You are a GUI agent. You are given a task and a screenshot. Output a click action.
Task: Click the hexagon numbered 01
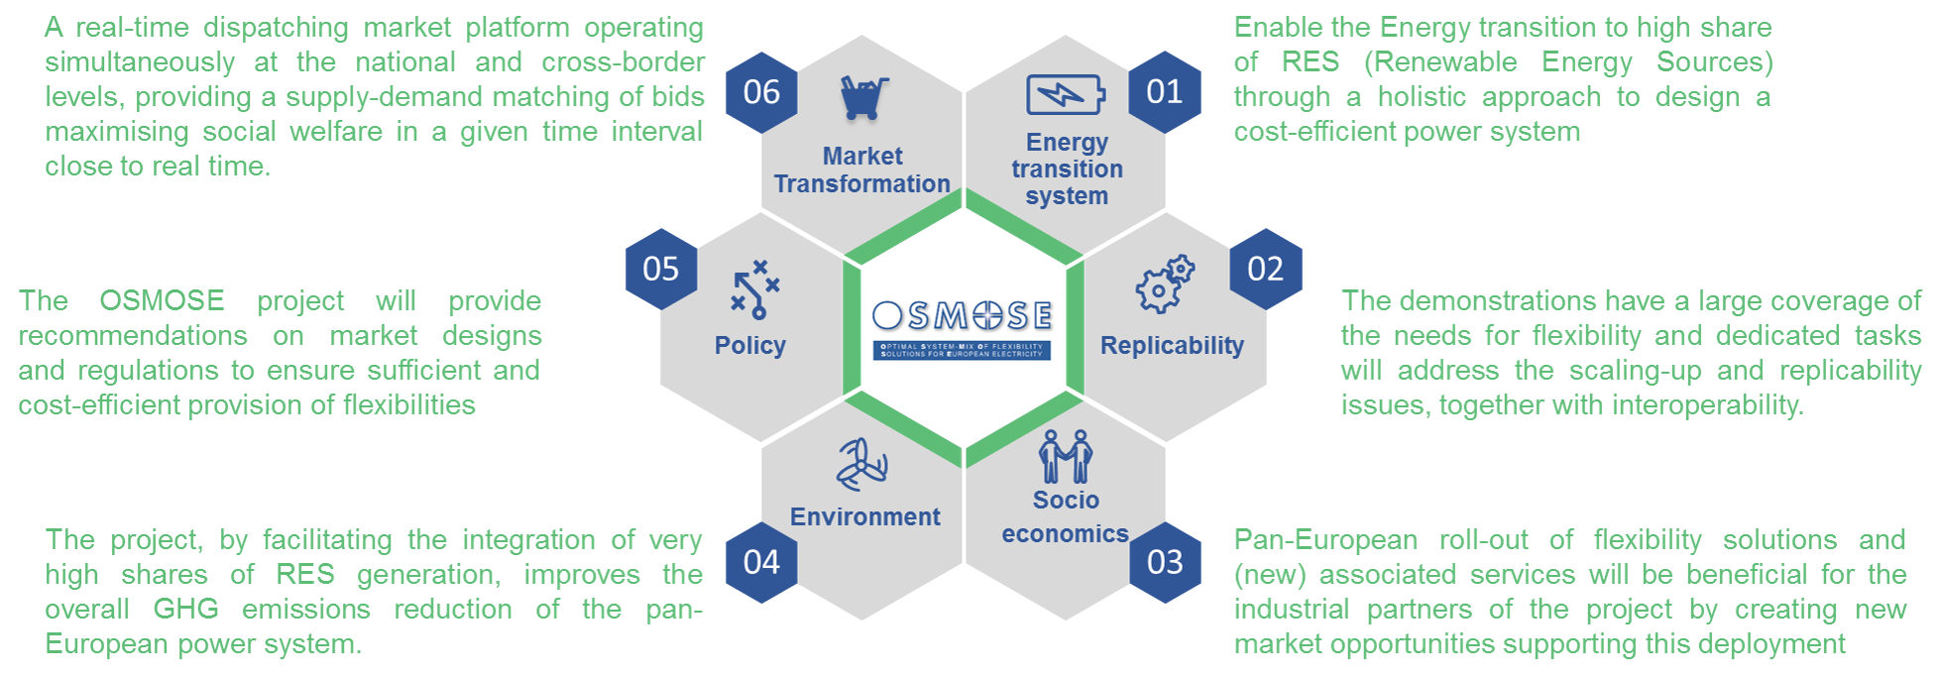coord(1164,92)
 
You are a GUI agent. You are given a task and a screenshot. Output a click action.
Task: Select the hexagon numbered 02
coord(1265,269)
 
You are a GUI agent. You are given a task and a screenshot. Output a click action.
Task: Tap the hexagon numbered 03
coord(1165,562)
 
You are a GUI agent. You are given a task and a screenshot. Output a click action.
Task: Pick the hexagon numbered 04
coord(761,562)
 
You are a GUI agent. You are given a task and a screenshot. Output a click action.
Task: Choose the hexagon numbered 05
coord(661,269)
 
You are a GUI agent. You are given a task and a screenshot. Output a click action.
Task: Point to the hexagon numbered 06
coord(761,92)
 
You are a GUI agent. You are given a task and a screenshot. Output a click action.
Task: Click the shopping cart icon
coord(863,97)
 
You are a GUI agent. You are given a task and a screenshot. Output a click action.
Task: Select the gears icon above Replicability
coord(1165,284)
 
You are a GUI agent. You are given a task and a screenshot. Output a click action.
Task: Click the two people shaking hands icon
coord(1066,457)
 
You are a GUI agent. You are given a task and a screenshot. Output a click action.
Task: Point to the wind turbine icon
coord(861,464)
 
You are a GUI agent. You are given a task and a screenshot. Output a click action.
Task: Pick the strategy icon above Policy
coord(755,288)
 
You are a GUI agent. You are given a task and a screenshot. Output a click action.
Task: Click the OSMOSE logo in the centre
coord(963,328)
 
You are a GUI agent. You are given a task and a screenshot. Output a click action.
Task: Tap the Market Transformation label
coord(861,169)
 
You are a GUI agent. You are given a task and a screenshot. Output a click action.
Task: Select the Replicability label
coord(1172,345)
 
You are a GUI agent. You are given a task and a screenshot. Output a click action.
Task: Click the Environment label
coord(864,516)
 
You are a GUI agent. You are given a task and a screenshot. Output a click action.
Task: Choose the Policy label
coord(749,345)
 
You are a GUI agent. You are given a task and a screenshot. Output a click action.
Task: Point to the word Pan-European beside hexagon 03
coord(1324,539)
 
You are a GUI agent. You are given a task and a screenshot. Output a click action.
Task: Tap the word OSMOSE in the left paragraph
coord(162,300)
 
